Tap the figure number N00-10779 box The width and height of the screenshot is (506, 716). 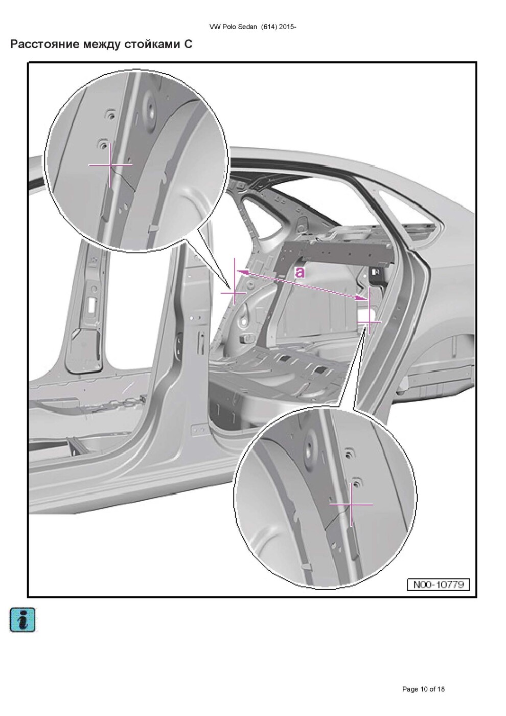pyautogui.click(x=439, y=585)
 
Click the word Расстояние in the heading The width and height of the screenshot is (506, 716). pyautogui.click(x=45, y=44)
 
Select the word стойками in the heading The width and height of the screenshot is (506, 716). pyautogui.click(x=152, y=44)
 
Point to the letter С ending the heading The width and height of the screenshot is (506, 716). pyautogui.click(x=188, y=44)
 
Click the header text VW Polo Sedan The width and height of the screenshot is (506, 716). pyautogui.click(x=233, y=27)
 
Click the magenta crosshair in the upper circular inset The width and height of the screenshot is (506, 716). pyautogui.click(x=110, y=165)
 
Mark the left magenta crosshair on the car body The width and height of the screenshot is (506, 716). pyautogui.click(x=234, y=292)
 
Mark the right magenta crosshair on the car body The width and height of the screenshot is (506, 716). pyautogui.click(x=369, y=322)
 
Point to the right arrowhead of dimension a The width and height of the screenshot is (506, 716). pyautogui.click(x=362, y=298)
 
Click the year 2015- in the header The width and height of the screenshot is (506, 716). pyautogui.click(x=287, y=27)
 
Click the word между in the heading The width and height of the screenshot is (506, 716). pyautogui.click(x=101, y=44)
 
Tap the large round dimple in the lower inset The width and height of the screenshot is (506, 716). pyautogui.click(x=310, y=445)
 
